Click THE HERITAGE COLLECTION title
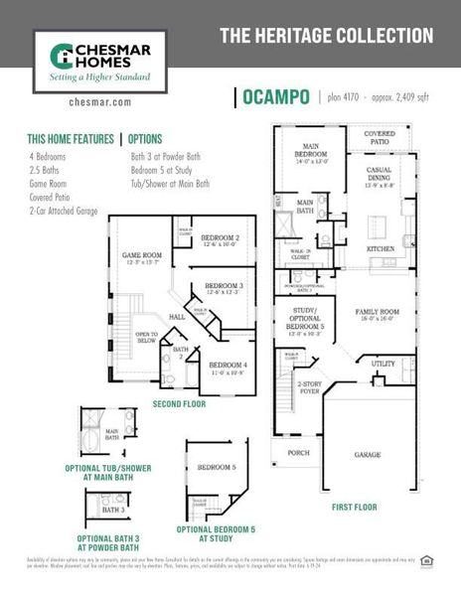pos(326,37)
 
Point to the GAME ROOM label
pos(141,256)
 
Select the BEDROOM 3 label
pos(224,287)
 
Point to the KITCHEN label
pos(381,248)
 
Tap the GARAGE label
pos(369,455)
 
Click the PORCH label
pos(298,452)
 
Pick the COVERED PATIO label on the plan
pos(380,136)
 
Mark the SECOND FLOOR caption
pos(179,404)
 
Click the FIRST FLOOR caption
pos(355,507)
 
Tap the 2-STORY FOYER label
pos(311,386)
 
